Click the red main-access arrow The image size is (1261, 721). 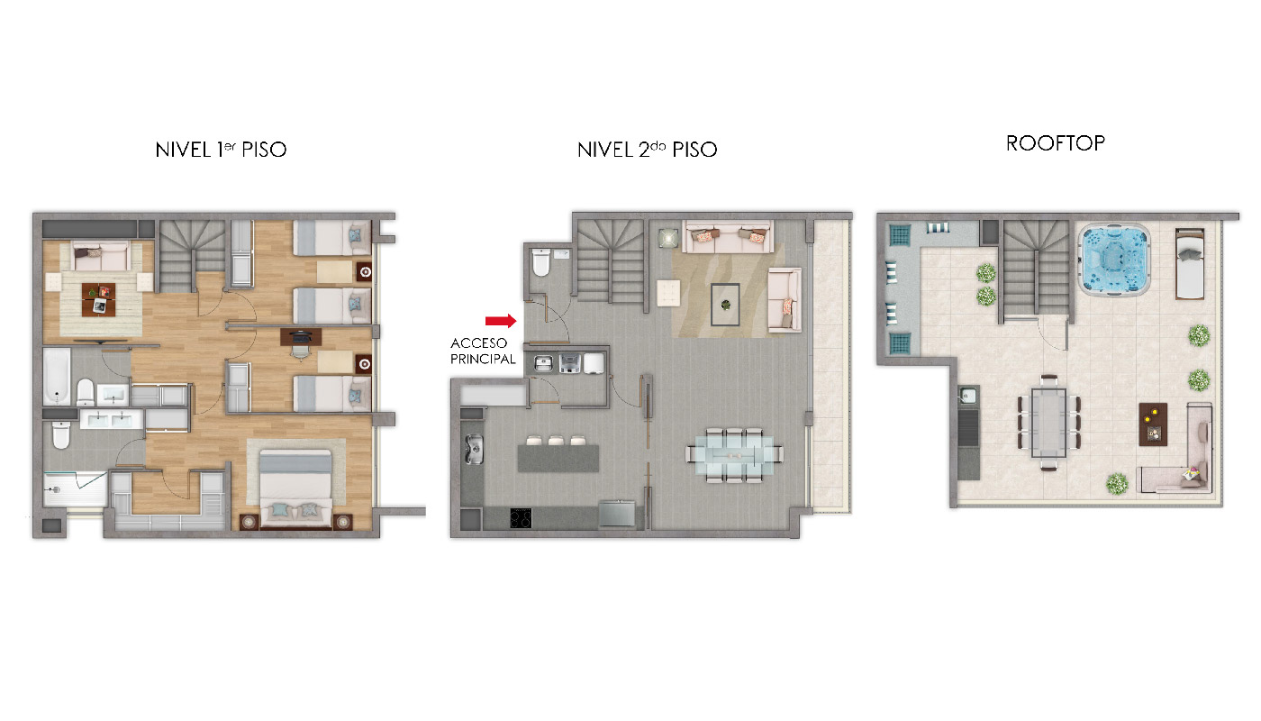point(501,321)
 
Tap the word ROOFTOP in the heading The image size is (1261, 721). point(1055,143)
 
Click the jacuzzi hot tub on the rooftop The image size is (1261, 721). point(1113,260)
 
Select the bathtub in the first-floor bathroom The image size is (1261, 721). point(57,377)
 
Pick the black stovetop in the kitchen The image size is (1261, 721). point(521,518)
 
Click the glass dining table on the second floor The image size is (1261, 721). point(734,455)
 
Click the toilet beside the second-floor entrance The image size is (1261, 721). point(541,262)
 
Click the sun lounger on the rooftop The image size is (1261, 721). point(1190,263)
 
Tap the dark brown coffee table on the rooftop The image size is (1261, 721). point(1153,424)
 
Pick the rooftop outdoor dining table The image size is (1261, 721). point(1048,423)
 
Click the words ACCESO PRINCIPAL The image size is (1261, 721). point(483,351)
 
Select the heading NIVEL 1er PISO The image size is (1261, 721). point(221,150)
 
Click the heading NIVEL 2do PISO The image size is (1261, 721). point(647,150)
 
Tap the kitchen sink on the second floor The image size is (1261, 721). point(474,450)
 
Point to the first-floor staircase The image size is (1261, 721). point(192,255)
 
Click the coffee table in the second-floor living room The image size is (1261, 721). point(725,305)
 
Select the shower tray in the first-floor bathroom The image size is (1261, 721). point(75,488)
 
